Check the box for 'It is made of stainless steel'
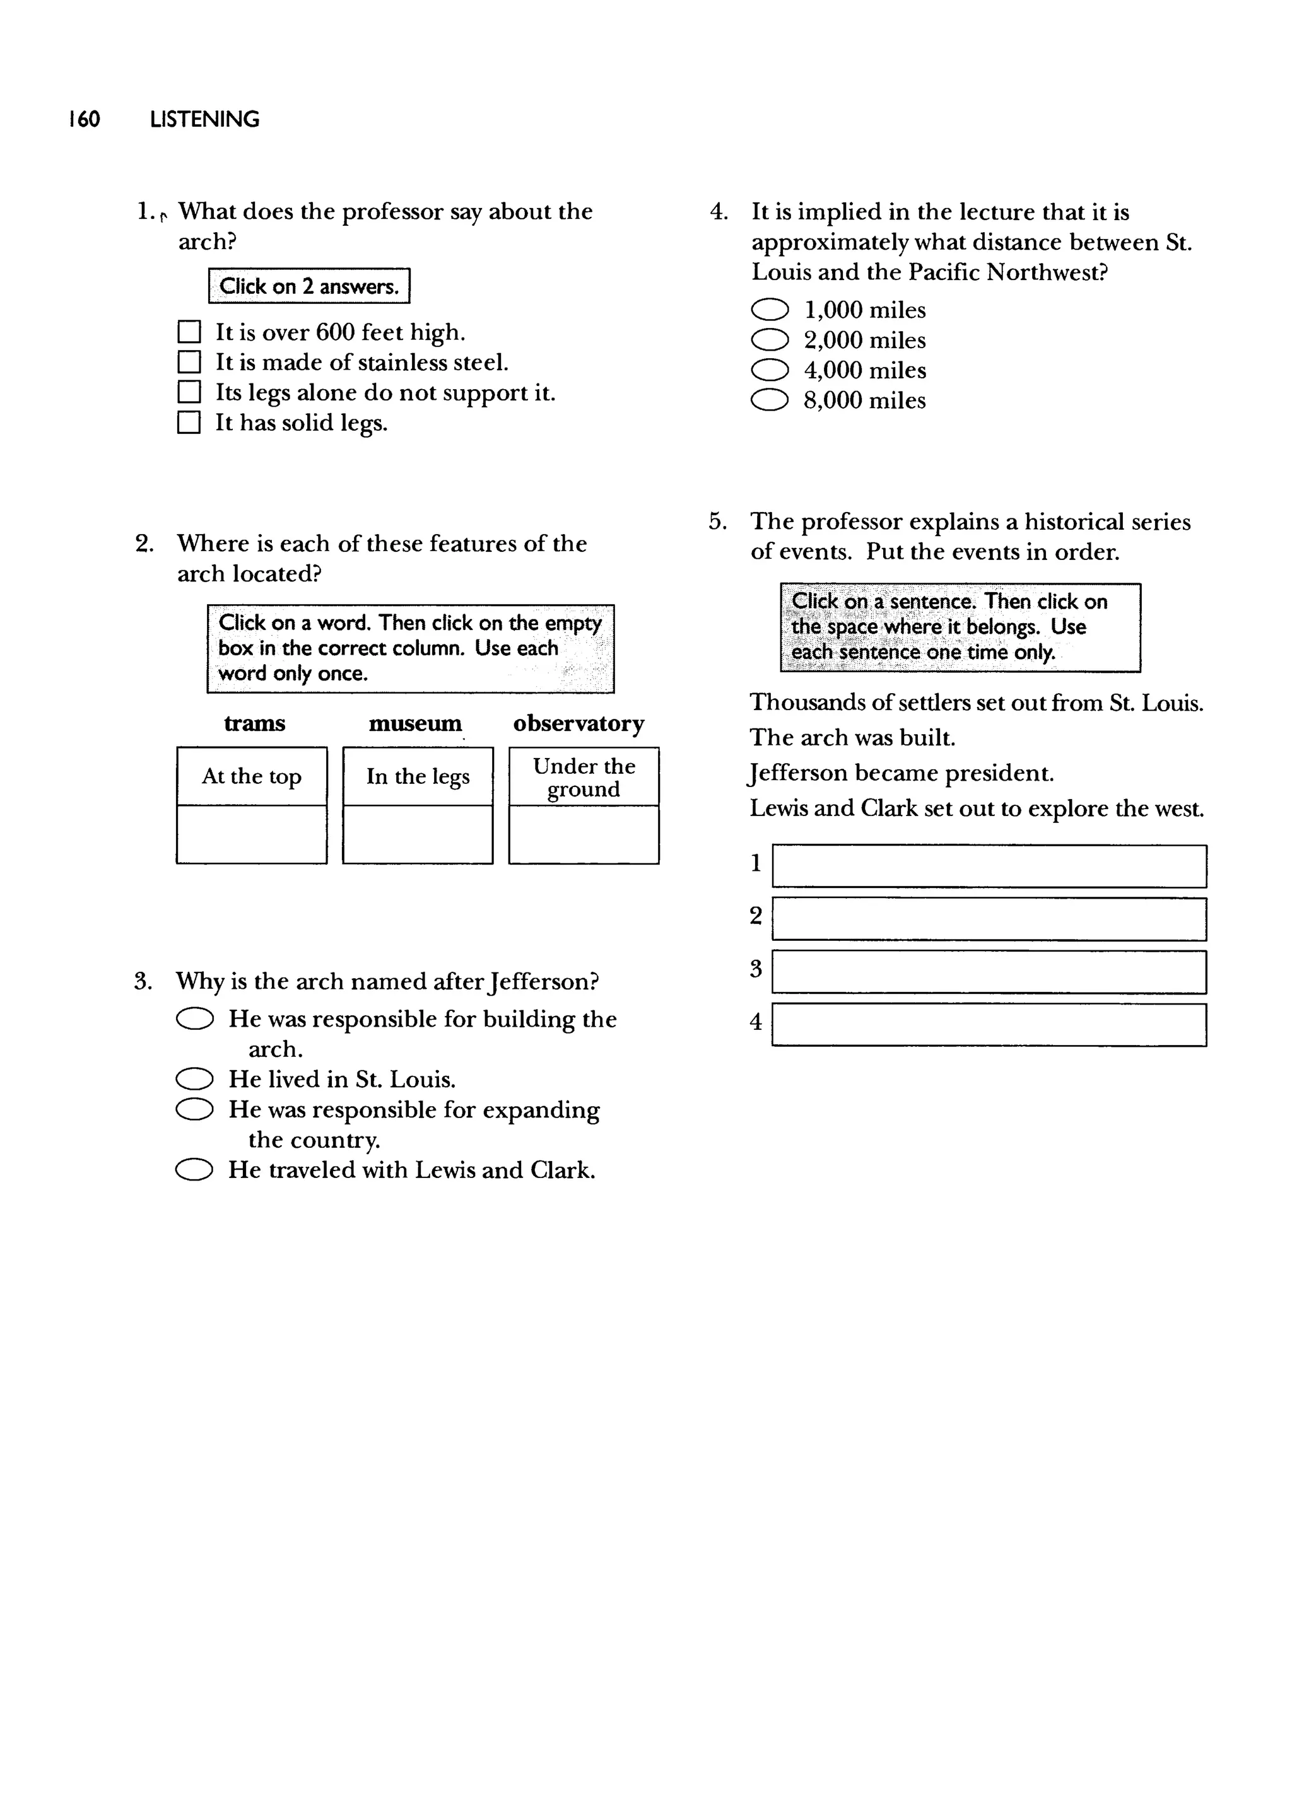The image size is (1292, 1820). [x=189, y=363]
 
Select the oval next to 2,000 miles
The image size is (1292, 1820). [x=769, y=341]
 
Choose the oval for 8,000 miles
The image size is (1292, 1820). [x=769, y=400]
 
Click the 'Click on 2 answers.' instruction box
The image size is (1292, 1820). [x=308, y=286]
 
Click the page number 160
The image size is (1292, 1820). [x=85, y=119]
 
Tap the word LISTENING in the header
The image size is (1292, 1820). [x=204, y=119]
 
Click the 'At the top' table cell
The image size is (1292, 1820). [x=252, y=776]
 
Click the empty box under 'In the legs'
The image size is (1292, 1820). [x=418, y=834]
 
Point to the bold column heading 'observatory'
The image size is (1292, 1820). [x=578, y=723]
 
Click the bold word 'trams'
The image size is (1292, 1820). [x=255, y=723]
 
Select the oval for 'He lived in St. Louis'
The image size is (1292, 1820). [x=194, y=1079]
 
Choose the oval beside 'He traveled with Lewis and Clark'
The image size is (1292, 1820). [x=194, y=1170]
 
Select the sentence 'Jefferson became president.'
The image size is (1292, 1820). [x=901, y=773]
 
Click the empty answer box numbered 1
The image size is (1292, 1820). [x=989, y=866]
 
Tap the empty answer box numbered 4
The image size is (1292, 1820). [x=989, y=1025]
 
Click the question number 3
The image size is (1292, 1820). [x=143, y=982]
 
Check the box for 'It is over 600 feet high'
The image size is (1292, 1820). [x=189, y=332]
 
